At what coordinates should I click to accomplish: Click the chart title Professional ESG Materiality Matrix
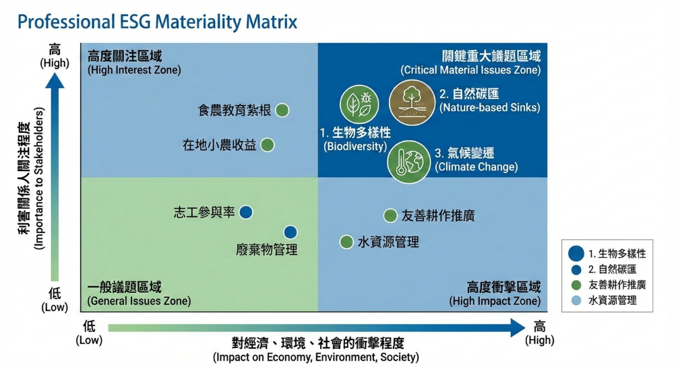(x=156, y=22)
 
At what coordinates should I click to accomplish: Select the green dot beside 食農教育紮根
(x=282, y=110)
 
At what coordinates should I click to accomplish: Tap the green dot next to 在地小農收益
(x=268, y=145)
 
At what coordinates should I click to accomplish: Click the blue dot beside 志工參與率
(x=246, y=212)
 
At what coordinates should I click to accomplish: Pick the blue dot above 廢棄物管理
(x=290, y=232)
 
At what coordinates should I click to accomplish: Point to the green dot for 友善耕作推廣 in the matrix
(x=390, y=215)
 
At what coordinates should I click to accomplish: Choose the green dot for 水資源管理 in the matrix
(x=346, y=242)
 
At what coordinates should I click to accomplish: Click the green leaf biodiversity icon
(x=357, y=104)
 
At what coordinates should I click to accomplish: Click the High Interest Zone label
(x=134, y=63)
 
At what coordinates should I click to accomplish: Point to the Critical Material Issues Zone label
(x=470, y=63)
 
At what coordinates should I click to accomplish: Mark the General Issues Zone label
(x=139, y=294)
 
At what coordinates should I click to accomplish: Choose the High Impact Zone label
(x=495, y=294)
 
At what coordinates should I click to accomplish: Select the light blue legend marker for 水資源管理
(x=576, y=300)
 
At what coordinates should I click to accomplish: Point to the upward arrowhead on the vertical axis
(x=55, y=79)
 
